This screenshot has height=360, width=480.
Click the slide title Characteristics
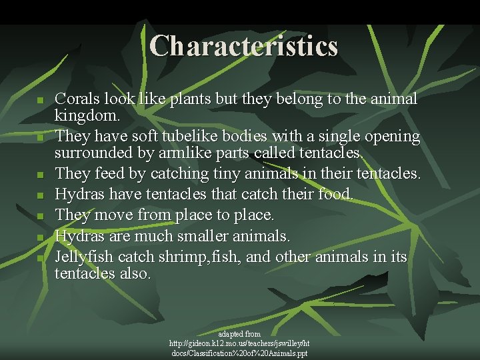[x=244, y=46]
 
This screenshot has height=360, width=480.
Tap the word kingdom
[x=87, y=117]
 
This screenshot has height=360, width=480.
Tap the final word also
[x=136, y=274]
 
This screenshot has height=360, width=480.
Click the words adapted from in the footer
[x=239, y=333]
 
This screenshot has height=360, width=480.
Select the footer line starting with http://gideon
[x=239, y=343]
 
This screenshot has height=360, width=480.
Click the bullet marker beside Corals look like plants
[x=40, y=101]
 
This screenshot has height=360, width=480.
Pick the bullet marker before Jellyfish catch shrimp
[x=40, y=257]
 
